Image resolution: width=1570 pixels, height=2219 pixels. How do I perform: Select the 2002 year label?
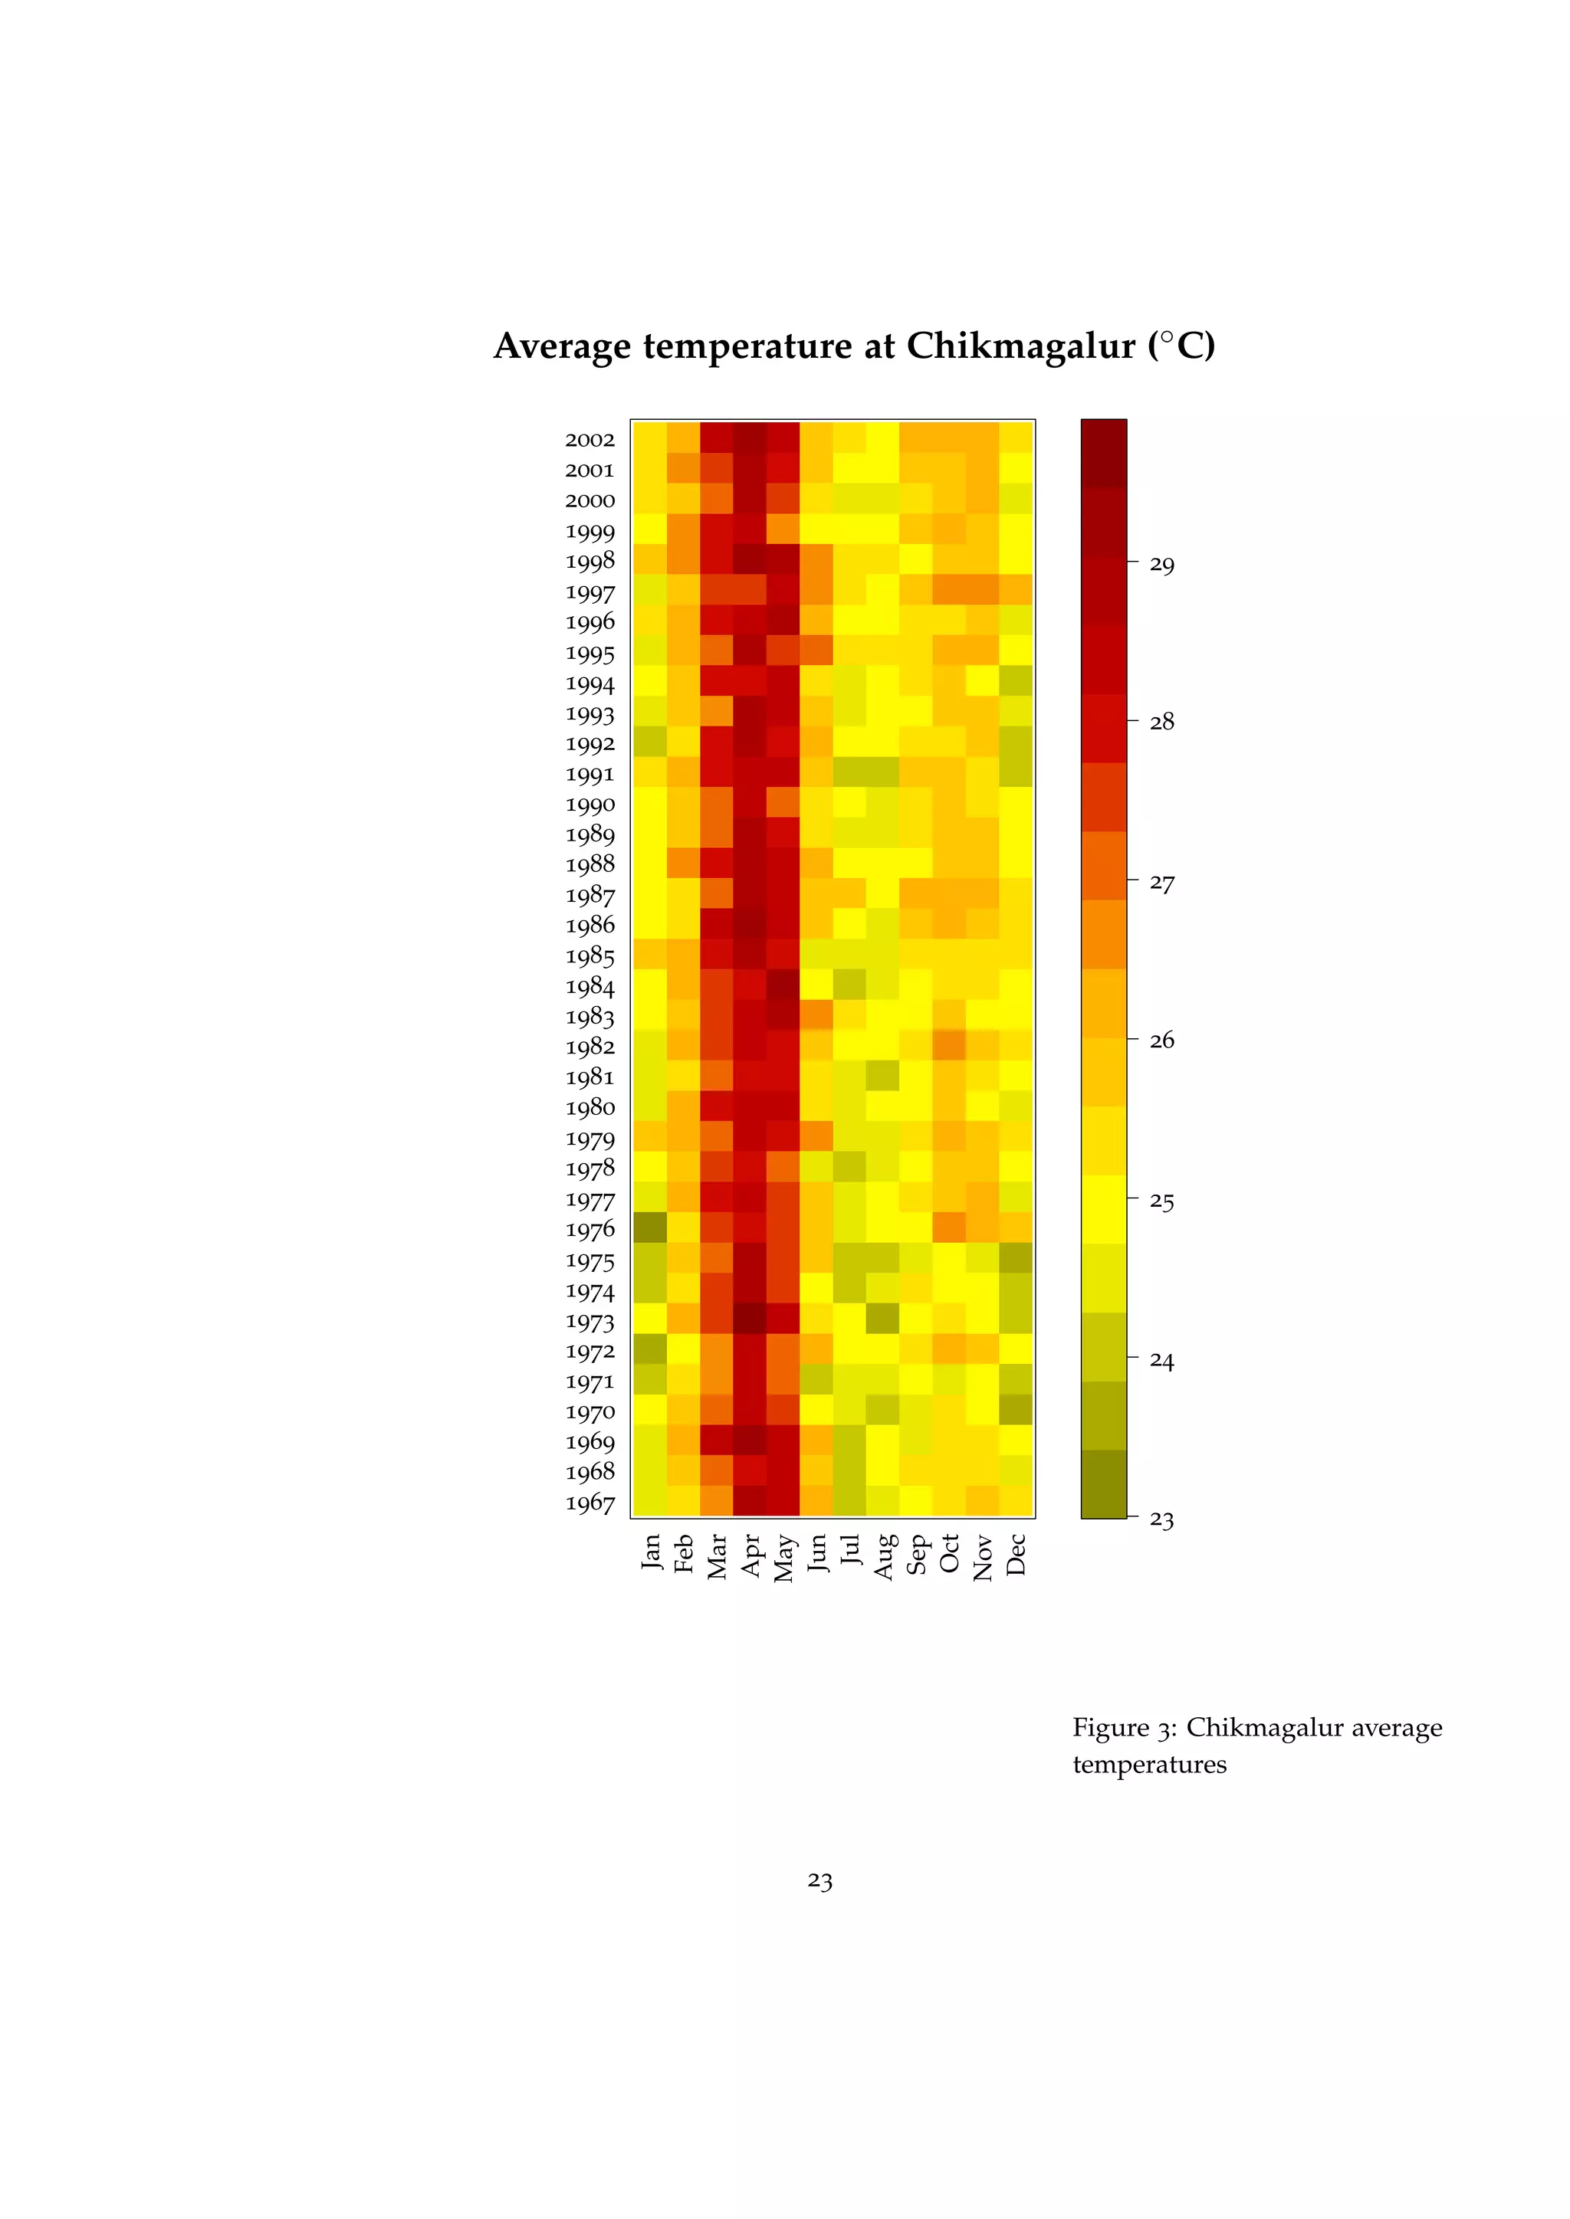point(590,440)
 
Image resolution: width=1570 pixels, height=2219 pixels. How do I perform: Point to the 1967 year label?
point(590,1503)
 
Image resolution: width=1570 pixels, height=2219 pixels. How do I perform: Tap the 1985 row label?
point(590,955)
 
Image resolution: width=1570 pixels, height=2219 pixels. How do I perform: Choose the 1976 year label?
point(590,1229)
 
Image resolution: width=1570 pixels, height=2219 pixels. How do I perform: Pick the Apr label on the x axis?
point(751,1555)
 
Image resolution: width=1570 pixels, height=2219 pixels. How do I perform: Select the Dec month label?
point(1015,1554)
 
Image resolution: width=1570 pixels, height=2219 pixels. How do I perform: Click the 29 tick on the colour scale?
point(1162,565)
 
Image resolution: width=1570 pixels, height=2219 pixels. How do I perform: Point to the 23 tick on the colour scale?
point(1162,1520)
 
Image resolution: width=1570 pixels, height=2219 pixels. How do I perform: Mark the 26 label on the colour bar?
point(1162,1040)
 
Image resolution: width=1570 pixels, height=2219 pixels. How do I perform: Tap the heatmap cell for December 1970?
point(1016,1409)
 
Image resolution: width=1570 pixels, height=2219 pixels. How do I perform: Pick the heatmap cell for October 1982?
point(949,1046)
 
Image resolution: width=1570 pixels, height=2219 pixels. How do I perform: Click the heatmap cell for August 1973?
point(882,1318)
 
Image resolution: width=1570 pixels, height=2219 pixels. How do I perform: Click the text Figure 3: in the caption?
point(1125,1727)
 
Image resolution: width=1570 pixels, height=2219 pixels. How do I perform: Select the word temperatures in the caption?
point(1149,1765)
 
